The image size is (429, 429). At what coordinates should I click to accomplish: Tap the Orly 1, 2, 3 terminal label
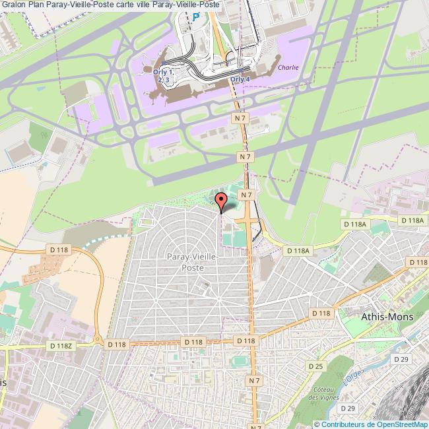pos(165,75)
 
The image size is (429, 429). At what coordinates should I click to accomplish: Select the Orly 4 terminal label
pos(240,79)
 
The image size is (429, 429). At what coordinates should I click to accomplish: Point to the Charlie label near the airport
pos(288,67)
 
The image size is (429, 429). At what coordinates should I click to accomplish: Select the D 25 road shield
pos(315,366)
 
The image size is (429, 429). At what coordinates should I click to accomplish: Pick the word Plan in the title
pos(36,5)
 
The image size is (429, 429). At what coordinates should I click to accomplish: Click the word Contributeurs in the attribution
pos(345,424)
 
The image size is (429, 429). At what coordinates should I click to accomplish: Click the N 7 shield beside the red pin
pos(247,195)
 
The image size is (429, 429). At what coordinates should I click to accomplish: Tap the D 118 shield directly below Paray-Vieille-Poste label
pos(193,341)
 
